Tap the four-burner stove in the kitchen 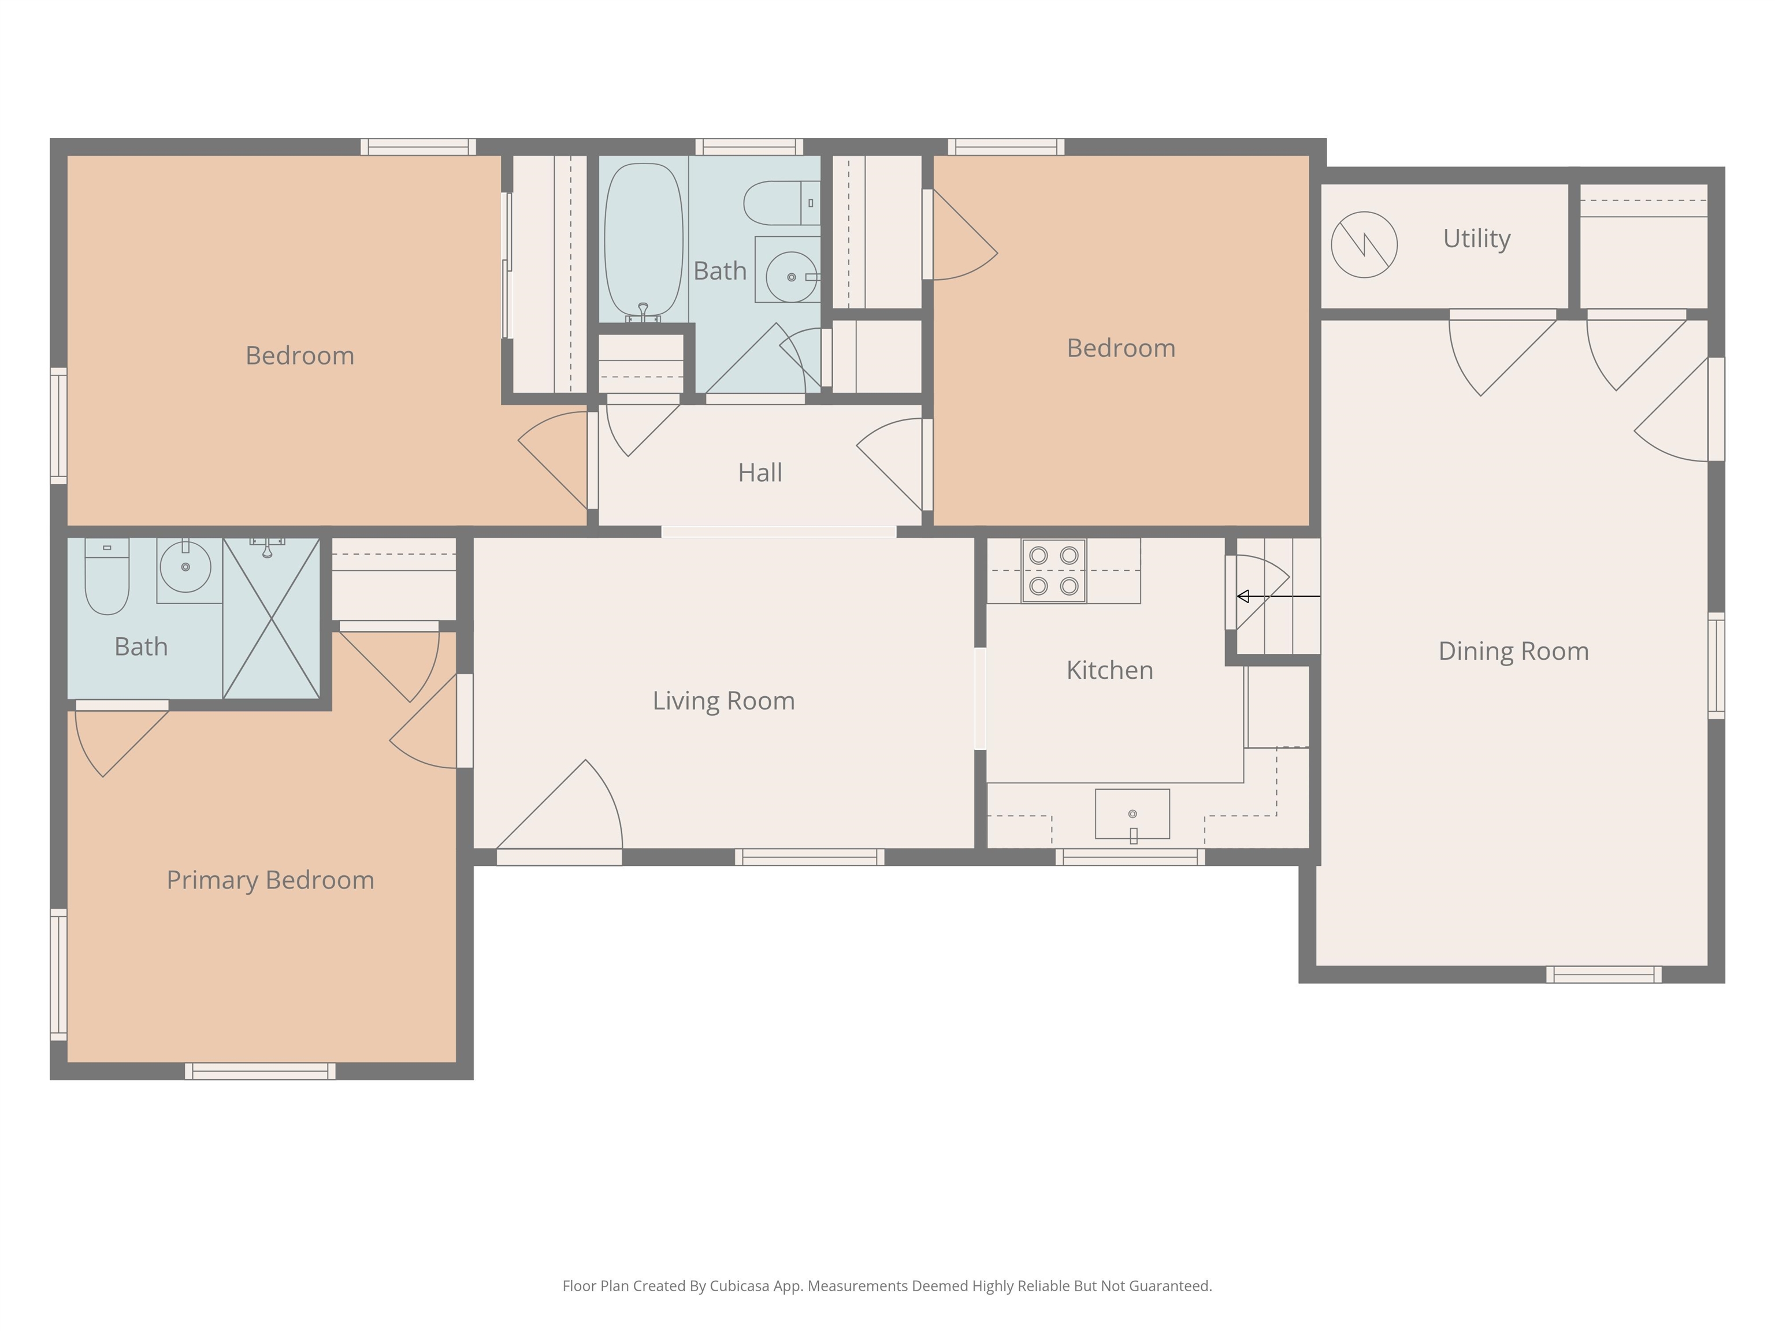click(1053, 570)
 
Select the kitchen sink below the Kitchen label click(1132, 813)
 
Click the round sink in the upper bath click(791, 276)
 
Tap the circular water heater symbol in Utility click(1364, 245)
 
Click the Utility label click(1476, 238)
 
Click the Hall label click(760, 473)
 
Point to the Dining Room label click(1513, 650)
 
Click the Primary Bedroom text click(270, 880)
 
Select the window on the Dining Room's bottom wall click(1603, 975)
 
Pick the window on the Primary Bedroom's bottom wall click(260, 1071)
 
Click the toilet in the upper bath click(778, 203)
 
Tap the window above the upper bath click(749, 147)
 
